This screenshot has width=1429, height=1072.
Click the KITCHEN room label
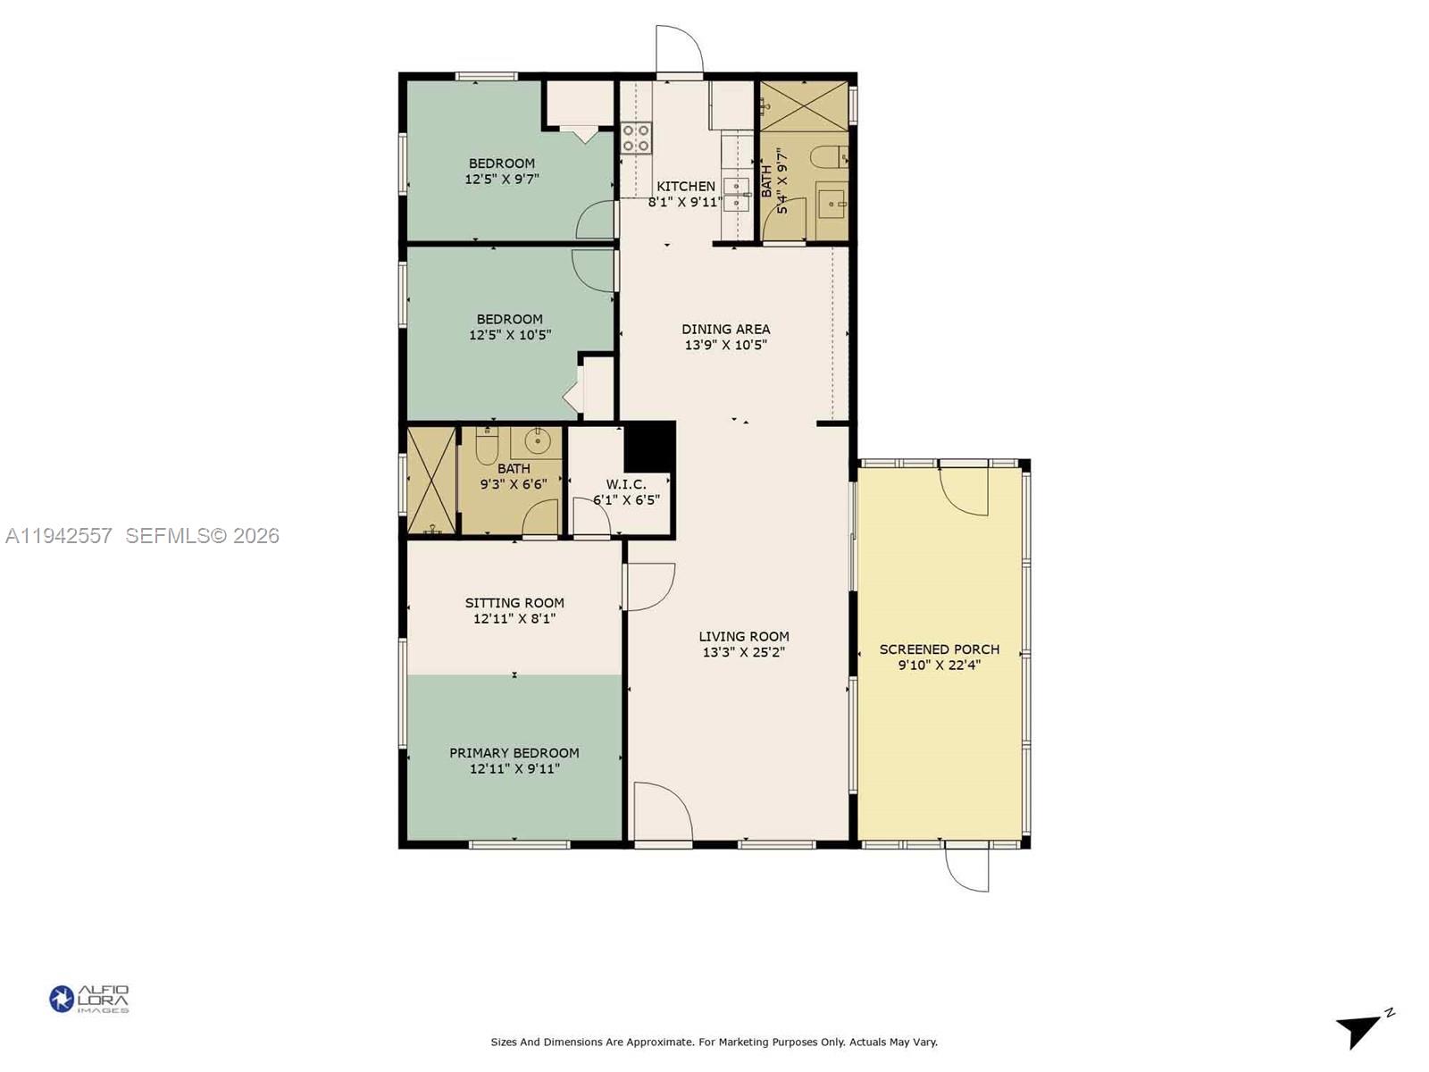coord(685,186)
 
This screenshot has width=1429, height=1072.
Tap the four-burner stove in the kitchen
coord(636,138)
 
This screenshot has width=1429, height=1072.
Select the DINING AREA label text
coord(725,329)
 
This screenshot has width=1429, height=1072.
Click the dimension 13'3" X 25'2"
coord(743,653)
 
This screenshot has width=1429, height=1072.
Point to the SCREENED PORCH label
coord(939,649)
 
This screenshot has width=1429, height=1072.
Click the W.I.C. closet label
coord(626,484)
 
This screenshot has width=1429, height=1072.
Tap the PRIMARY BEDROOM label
coord(514,753)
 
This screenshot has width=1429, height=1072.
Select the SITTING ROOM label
coord(514,603)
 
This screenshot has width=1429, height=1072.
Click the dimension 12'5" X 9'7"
coord(501,179)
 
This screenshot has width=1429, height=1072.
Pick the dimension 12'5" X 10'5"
coord(509,335)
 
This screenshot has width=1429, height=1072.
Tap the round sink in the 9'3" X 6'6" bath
coord(537,440)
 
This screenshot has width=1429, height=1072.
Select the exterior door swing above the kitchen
coord(679,49)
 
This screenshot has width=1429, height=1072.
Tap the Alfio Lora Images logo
coord(89,999)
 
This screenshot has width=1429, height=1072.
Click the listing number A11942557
coord(59,536)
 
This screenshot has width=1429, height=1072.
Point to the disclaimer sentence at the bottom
coord(714,1042)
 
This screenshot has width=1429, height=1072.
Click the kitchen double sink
coord(736,194)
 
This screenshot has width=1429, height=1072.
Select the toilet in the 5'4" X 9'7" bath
coord(826,157)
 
